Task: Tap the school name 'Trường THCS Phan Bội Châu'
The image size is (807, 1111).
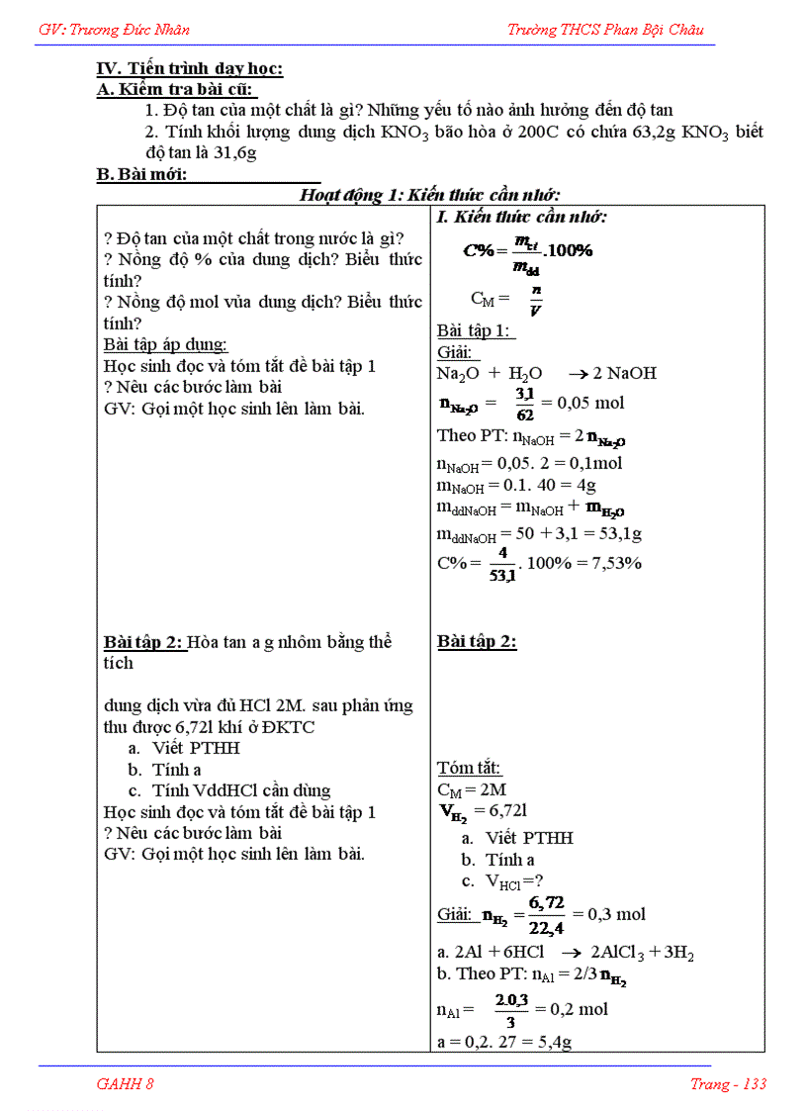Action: coord(605,30)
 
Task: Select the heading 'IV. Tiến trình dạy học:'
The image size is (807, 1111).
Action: coord(190,69)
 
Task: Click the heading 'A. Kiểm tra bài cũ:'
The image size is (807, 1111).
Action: coord(176,90)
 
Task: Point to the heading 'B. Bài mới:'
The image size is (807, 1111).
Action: coord(141,175)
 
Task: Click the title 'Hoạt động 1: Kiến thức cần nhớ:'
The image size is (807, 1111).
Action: coord(430,195)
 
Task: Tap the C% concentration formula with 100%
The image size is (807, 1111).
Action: coord(528,251)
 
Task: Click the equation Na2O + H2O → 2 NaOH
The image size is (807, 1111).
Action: coord(546,373)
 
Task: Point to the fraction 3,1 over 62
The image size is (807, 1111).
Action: coord(525,404)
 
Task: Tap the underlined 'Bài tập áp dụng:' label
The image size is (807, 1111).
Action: coord(165,344)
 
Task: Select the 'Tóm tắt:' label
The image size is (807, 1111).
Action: coord(469,768)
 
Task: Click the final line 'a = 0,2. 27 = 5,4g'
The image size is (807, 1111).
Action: coord(504,1042)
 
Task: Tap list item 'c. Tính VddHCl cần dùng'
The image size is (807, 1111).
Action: coord(229,790)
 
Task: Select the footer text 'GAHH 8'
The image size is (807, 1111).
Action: coord(125,1083)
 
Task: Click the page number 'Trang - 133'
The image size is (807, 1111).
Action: coord(728,1083)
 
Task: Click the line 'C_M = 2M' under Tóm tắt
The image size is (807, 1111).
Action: coord(472,789)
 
